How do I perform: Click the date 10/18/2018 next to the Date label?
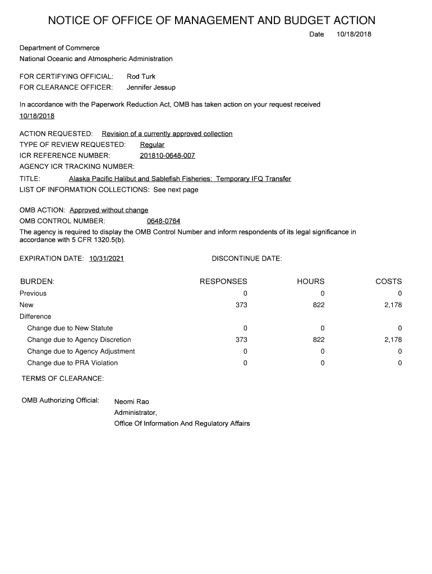354,35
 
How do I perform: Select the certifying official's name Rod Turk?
141,76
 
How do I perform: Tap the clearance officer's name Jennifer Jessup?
151,87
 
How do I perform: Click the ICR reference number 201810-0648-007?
167,155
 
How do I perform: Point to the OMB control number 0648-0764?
163,221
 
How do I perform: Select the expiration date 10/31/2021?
107,258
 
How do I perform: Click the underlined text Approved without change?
109,210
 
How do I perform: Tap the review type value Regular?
152,145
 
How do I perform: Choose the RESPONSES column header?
223,281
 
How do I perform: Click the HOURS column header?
311,281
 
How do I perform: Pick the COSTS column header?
388,281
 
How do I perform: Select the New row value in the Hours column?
319,305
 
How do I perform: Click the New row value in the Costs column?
393,305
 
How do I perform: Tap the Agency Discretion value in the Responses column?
241,340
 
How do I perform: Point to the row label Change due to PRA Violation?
72,363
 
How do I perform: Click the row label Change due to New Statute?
70,328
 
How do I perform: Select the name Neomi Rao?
132,401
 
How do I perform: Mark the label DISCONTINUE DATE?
247,258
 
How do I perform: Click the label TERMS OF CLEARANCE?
63,379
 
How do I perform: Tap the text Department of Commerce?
59,48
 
